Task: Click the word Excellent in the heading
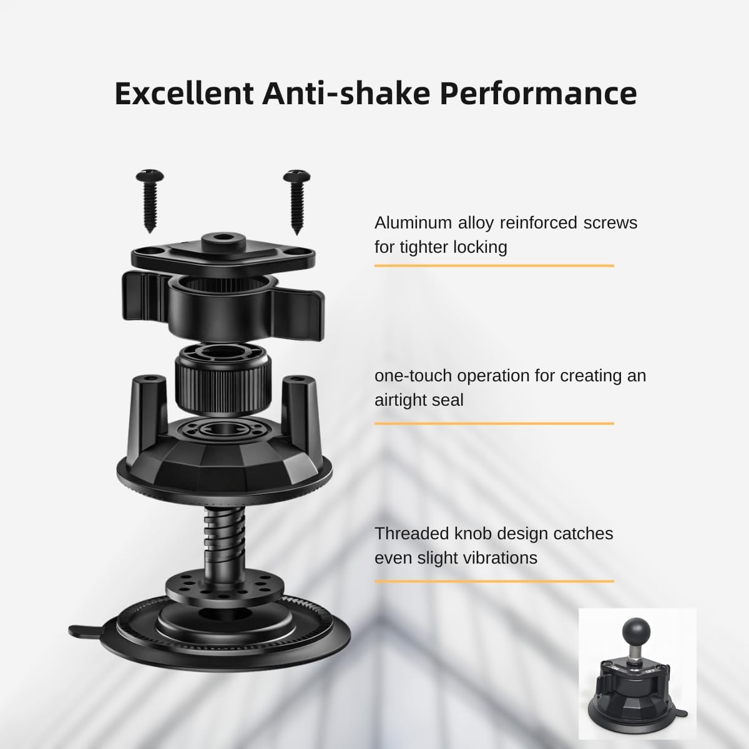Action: point(184,94)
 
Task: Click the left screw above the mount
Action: point(150,201)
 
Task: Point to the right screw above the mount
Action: point(297,202)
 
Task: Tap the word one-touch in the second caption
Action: point(413,376)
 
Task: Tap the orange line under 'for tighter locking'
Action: point(494,266)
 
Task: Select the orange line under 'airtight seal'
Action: point(494,424)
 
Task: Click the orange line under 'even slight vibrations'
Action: point(494,582)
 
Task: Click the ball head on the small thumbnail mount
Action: point(636,634)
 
